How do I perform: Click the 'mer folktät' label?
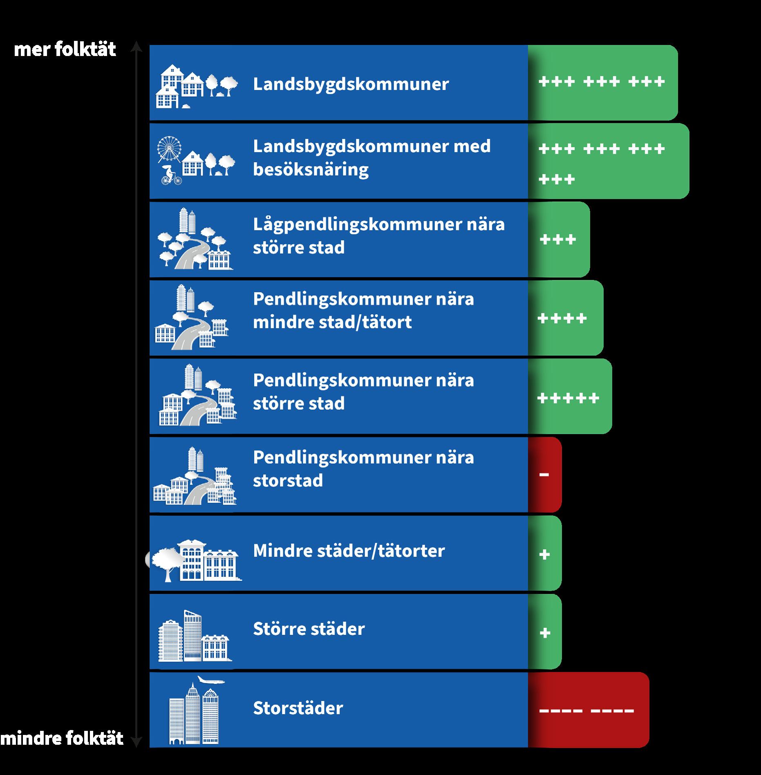[x=65, y=49]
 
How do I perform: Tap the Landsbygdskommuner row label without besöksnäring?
[x=351, y=84]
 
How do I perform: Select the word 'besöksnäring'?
[x=311, y=170]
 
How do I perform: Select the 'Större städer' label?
[x=309, y=629]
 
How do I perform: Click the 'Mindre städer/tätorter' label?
[x=349, y=551]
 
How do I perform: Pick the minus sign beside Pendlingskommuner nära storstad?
[x=544, y=475]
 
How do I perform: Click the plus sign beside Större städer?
[x=545, y=633]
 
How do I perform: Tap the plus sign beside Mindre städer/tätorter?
[x=544, y=555]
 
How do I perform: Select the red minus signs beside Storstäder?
[x=586, y=710]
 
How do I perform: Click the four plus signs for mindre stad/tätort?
[x=562, y=318]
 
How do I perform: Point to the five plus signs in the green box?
[x=568, y=398]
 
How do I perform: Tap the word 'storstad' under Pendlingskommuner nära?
[x=288, y=481]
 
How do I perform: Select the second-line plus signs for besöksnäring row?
[x=557, y=179]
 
